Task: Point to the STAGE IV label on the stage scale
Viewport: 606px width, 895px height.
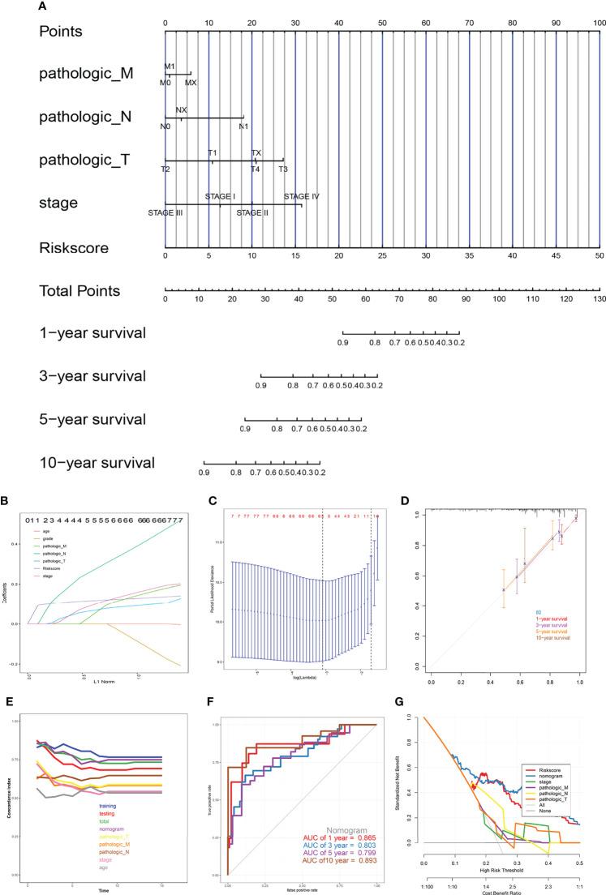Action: [x=302, y=196]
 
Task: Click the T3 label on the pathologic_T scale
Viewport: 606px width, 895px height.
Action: [x=283, y=169]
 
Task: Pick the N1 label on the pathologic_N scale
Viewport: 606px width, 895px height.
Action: [x=243, y=126]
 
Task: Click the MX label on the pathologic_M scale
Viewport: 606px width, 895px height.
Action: [x=191, y=83]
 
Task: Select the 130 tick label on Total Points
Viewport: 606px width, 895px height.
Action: [x=599, y=299]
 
